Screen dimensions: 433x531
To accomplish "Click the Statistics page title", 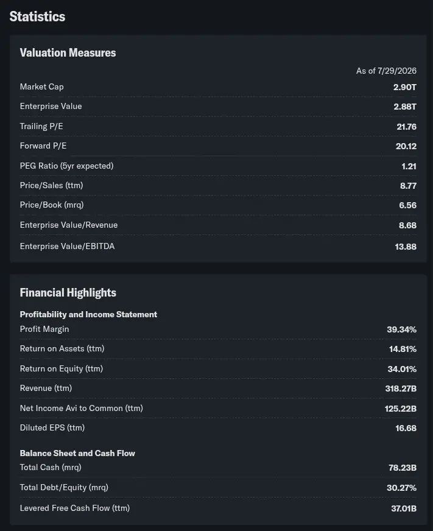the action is [37, 16].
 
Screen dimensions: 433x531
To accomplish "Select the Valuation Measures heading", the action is [68, 53].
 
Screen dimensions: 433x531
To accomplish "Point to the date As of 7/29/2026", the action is [386, 71].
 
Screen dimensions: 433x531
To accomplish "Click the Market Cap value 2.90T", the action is [405, 87].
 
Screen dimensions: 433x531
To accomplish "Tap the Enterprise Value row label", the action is [51, 107].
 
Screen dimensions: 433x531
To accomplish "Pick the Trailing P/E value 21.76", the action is [407, 127].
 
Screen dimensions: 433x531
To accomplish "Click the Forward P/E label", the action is [43, 146].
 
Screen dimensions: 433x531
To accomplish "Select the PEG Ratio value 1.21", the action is [409, 166].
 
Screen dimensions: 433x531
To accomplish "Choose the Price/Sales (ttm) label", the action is [52, 186].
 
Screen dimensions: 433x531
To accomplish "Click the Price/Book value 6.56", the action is [407, 205].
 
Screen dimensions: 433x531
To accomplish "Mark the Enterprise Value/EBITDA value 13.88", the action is [406, 247].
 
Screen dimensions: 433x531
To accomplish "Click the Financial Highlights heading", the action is [68, 292].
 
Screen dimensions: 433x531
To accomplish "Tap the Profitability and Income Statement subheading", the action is [88, 314].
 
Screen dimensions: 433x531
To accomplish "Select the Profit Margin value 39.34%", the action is [402, 329].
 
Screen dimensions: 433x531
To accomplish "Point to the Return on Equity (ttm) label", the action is [62, 369].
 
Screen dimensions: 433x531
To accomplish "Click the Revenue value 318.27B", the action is [401, 389].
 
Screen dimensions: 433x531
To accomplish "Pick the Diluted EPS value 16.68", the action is [406, 428].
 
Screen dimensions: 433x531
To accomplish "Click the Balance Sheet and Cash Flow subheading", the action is [77, 453].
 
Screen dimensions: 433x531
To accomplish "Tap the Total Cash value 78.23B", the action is [403, 468].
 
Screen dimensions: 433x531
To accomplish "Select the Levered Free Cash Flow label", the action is [75, 508].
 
